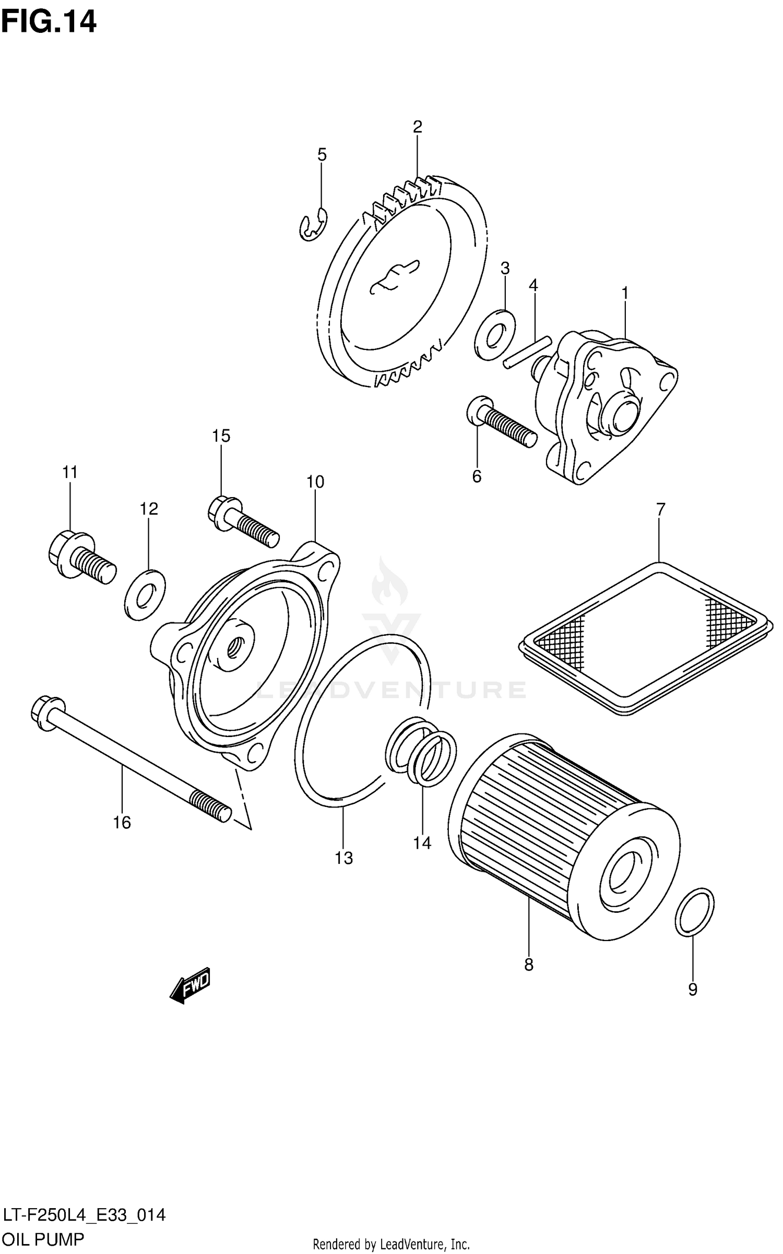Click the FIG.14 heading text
[49, 22]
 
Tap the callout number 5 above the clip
[322, 154]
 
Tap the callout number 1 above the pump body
[624, 294]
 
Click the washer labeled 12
[146, 595]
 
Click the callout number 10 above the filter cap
[315, 482]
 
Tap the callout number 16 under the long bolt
[122, 823]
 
